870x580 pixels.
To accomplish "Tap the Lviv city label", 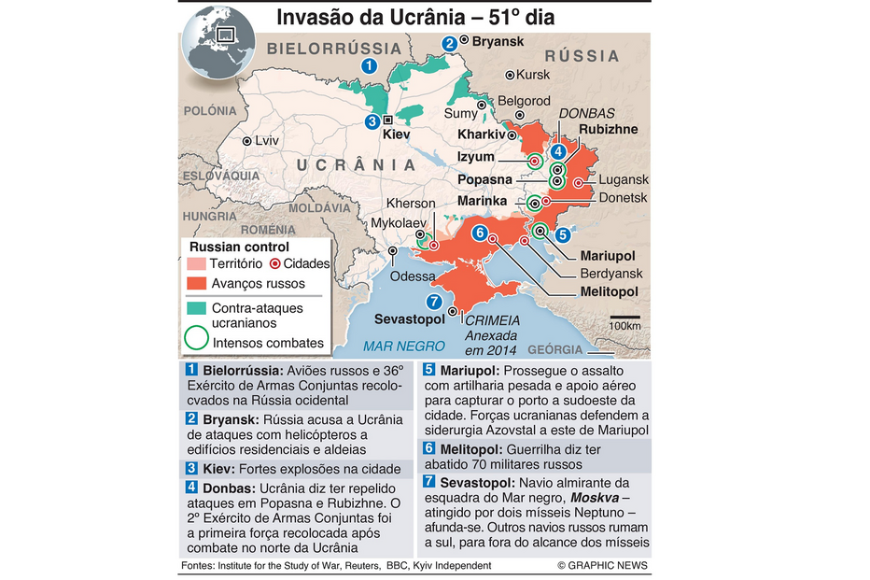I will pyautogui.click(x=267, y=140).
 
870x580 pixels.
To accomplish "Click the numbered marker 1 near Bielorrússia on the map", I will pyautogui.click(x=370, y=65).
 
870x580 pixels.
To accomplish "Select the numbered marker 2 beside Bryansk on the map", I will pyautogui.click(x=450, y=42).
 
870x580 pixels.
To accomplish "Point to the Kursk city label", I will pyautogui.click(x=533, y=75).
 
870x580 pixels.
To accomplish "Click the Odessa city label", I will pyautogui.click(x=413, y=276).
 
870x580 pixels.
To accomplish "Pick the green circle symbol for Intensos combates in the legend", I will pyautogui.click(x=196, y=341).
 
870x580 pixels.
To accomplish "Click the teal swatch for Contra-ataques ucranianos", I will pyautogui.click(x=196, y=307).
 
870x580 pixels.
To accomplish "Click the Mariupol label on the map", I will pyautogui.click(x=608, y=255).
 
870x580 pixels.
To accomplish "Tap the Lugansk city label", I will pyautogui.click(x=624, y=179).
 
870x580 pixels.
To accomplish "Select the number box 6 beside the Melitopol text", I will pyautogui.click(x=428, y=448).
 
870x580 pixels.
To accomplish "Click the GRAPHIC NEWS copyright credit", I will pyautogui.click(x=602, y=566).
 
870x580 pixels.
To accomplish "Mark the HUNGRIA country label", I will pyautogui.click(x=210, y=215).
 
